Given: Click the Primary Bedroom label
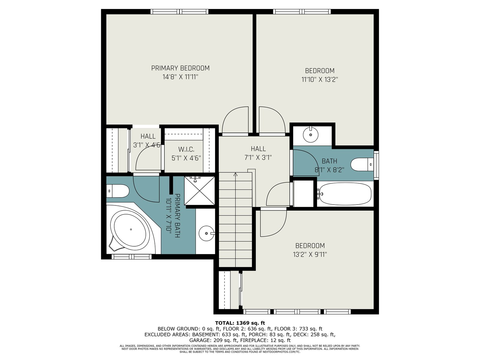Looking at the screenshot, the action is [180, 68].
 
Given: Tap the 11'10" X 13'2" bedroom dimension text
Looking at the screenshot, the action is [319, 79].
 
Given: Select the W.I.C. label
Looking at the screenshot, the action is [186, 149].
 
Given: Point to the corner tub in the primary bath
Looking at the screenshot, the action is [131, 229].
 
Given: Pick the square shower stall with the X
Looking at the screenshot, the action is [200, 190].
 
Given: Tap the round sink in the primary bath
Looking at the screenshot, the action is [206, 233].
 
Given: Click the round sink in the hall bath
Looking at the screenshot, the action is [310, 135].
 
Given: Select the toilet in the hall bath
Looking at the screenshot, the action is [362, 164].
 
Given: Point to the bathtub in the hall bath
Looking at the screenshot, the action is [345, 194].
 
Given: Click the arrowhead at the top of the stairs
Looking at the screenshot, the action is [235, 174].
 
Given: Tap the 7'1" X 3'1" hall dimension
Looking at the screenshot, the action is [258, 157].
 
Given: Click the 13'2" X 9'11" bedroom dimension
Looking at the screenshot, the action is [310, 254].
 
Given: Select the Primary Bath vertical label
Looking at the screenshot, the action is [174, 216].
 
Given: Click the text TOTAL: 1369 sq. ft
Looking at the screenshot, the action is [240, 323].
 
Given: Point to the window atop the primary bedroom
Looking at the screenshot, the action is [179, 12].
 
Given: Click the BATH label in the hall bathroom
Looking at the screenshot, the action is [329, 161].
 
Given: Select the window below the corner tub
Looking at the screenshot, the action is [132, 256].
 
